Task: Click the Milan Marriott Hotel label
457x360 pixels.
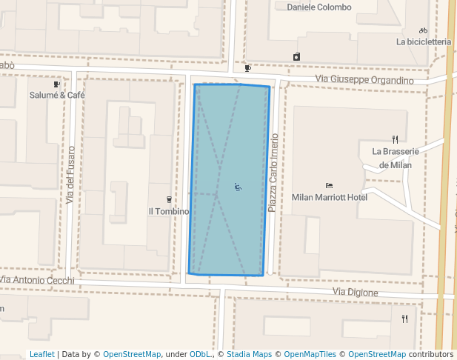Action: pos(330,198)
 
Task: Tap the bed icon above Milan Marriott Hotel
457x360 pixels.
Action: pos(329,186)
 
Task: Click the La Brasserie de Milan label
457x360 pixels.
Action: pos(396,158)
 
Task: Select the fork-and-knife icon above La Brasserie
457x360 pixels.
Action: pos(396,139)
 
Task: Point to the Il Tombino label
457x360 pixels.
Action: pos(169,211)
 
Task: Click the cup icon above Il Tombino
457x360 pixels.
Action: pos(169,199)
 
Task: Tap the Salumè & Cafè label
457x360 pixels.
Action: pos(57,95)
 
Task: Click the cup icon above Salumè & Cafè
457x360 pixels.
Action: pos(57,84)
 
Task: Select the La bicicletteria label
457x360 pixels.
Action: pos(424,42)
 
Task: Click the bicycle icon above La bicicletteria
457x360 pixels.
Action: pos(423,30)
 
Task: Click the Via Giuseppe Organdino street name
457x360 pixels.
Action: pos(364,80)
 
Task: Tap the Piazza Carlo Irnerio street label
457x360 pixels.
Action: pos(273,173)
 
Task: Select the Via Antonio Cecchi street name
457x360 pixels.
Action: pos(37,280)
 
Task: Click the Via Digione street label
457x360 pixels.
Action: pos(355,293)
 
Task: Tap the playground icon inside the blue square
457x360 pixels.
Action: pos(238,187)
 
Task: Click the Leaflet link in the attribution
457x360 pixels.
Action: pos(41,355)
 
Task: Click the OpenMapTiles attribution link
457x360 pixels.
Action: pos(309,355)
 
